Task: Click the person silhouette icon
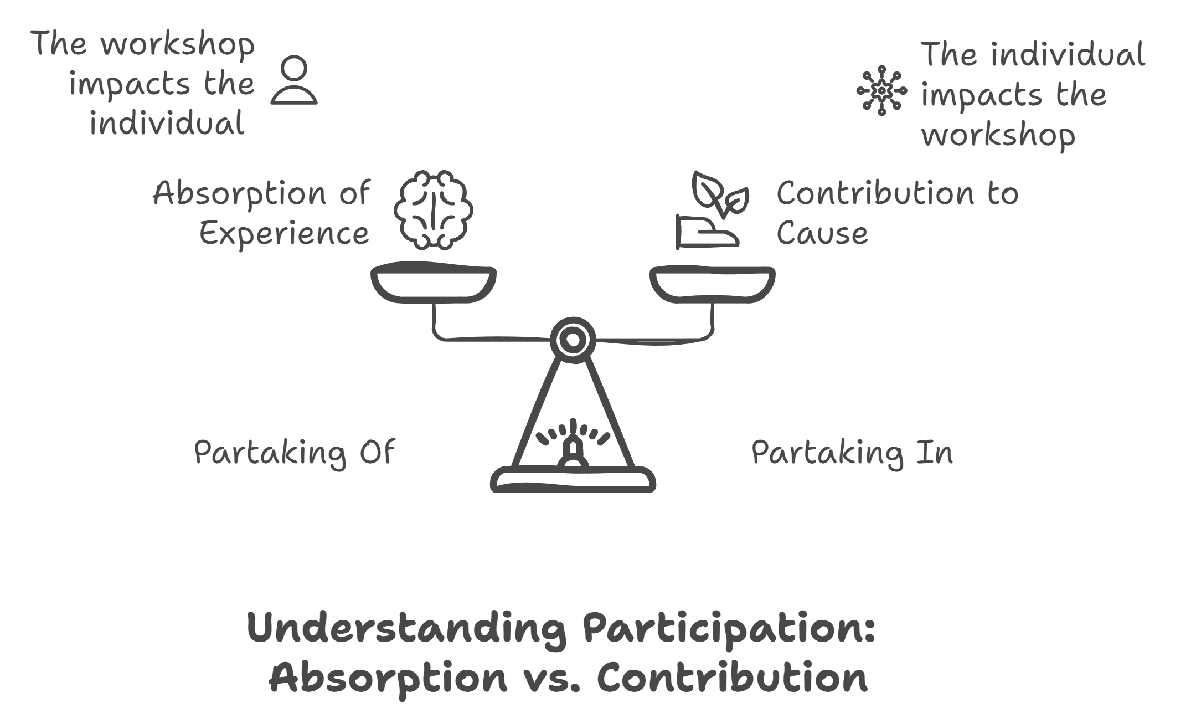click(294, 80)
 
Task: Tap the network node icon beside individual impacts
click(881, 90)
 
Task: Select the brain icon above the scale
click(434, 209)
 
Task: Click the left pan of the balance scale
click(434, 284)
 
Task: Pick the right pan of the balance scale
click(712, 284)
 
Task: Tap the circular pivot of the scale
click(573, 340)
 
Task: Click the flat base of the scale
click(573, 480)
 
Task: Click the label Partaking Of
click(295, 453)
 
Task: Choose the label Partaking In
click(852, 453)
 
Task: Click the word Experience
click(284, 233)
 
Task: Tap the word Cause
click(822, 233)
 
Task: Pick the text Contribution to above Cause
click(898, 193)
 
